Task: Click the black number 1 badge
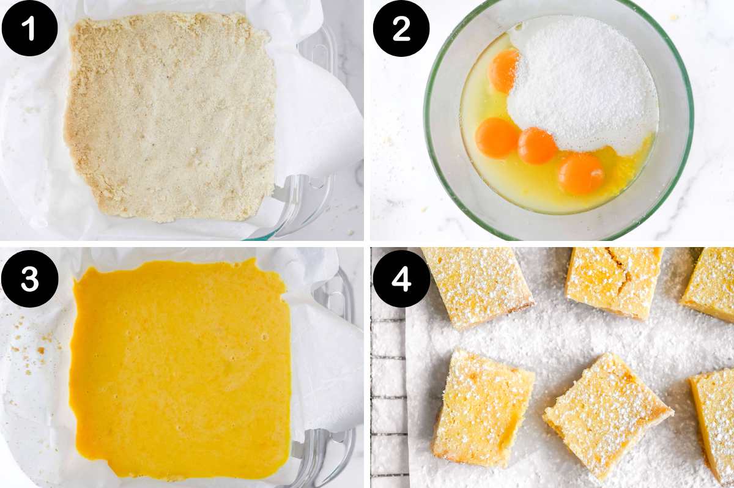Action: coord(29,28)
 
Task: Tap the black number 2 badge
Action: coord(401,29)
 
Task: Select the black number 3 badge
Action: coord(29,278)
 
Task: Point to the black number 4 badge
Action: coord(401,278)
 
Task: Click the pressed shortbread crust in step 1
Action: coord(171,116)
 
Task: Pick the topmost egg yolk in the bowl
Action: coord(505,70)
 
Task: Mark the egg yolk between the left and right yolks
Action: coord(537,146)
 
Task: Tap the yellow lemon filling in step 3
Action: coord(180,367)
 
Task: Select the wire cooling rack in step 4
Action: coord(388,397)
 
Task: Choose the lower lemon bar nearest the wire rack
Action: coord(483,407)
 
